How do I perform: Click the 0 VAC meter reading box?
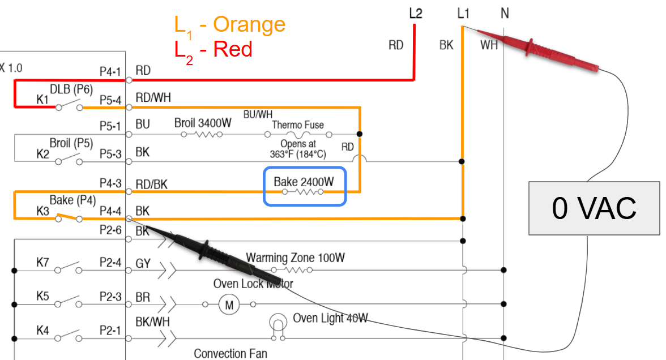click(594, 208)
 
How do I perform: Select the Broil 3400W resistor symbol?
click(203, 135)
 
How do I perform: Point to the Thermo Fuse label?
click(298, 125)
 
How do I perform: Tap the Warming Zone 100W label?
click(295, 258)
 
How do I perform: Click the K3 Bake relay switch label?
click(43, 211)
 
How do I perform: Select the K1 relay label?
click(43, 100)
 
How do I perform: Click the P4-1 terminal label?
click(110, 71)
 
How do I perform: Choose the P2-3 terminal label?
click(110, 297)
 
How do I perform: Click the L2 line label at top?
click(415, 13)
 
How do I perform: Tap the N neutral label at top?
click(504, 13)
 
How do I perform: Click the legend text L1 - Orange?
click(229, 25)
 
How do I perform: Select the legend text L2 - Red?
click(213, 50)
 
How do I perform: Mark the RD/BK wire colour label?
click(151, 184)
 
